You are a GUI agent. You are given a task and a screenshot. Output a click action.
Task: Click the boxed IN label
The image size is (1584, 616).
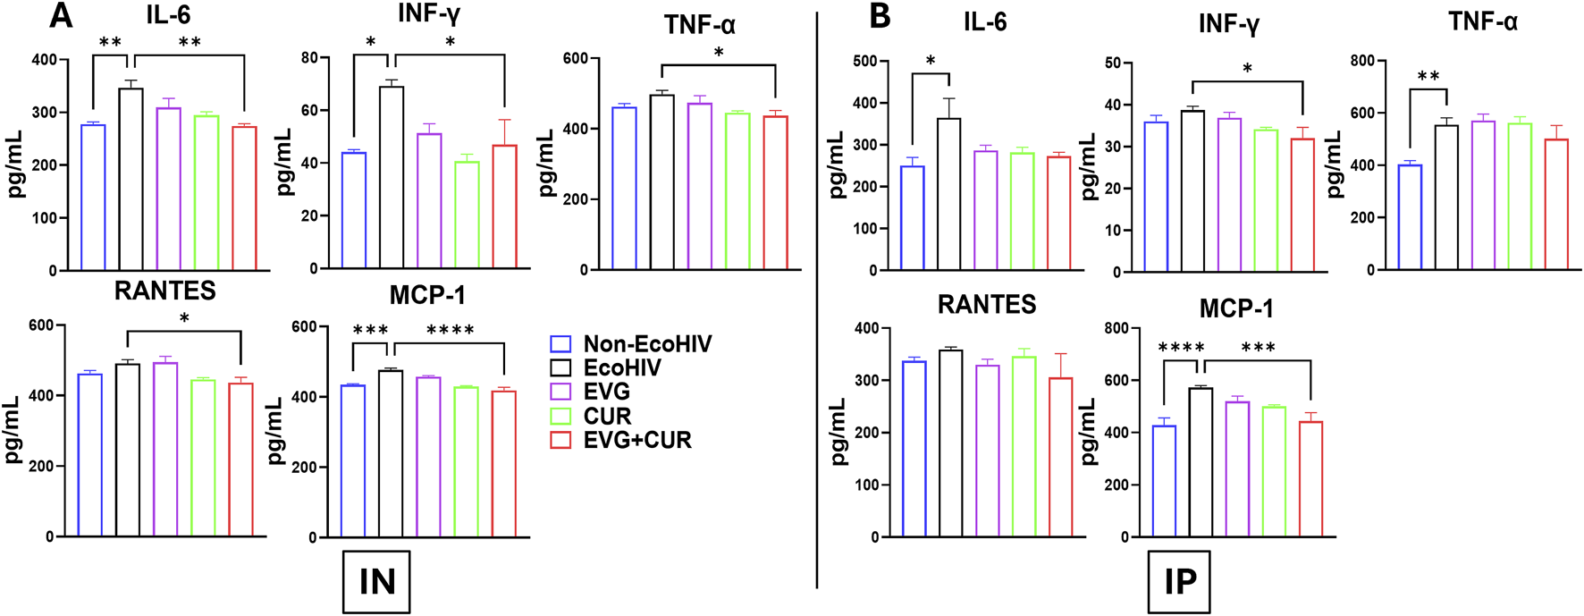(x=376, y=582)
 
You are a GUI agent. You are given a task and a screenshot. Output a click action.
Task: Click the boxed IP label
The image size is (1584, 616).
(x=1179, y=582)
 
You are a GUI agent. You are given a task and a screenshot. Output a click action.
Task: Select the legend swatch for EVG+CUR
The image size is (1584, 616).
(x=560, y=440)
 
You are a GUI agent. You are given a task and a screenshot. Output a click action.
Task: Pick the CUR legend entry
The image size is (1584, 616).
(x=607, y=416)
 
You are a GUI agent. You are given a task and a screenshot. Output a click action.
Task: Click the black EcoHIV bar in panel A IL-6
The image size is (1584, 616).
(x=131, y=179)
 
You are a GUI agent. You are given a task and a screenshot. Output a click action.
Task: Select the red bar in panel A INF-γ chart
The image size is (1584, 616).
(x=504, y=206)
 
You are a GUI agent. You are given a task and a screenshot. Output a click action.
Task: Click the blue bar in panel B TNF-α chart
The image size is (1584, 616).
(x=1410, y=217)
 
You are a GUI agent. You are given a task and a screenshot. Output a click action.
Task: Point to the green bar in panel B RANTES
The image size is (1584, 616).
(x=1024, y=447)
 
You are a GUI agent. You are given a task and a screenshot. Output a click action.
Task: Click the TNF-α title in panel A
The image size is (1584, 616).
(x=699, y=25)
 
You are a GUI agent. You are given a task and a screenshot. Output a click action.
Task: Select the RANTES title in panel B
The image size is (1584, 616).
(x=987, y=305)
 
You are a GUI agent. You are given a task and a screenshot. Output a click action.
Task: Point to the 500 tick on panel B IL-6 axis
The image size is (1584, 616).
(x=864, y=62)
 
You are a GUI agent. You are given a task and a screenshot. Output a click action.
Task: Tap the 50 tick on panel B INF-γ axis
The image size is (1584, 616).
(x=1113, y=63)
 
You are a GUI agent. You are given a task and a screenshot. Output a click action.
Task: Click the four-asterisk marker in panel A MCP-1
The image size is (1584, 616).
(x=450, y=331)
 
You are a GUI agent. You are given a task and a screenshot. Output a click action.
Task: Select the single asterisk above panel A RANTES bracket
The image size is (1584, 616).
(x=184, y=319)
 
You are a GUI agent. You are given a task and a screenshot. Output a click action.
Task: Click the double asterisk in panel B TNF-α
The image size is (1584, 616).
(x=1428, y=77)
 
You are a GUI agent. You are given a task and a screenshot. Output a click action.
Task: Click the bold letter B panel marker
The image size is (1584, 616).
(x=880, y=15)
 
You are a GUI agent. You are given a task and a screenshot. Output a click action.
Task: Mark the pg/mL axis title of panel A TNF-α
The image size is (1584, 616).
(x=547, y=165)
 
